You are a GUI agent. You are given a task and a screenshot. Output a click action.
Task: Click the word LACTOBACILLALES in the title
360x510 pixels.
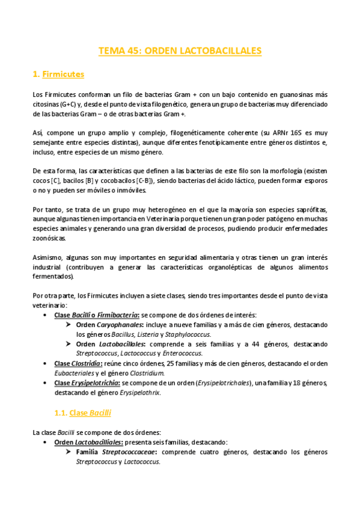coord(222,51)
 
